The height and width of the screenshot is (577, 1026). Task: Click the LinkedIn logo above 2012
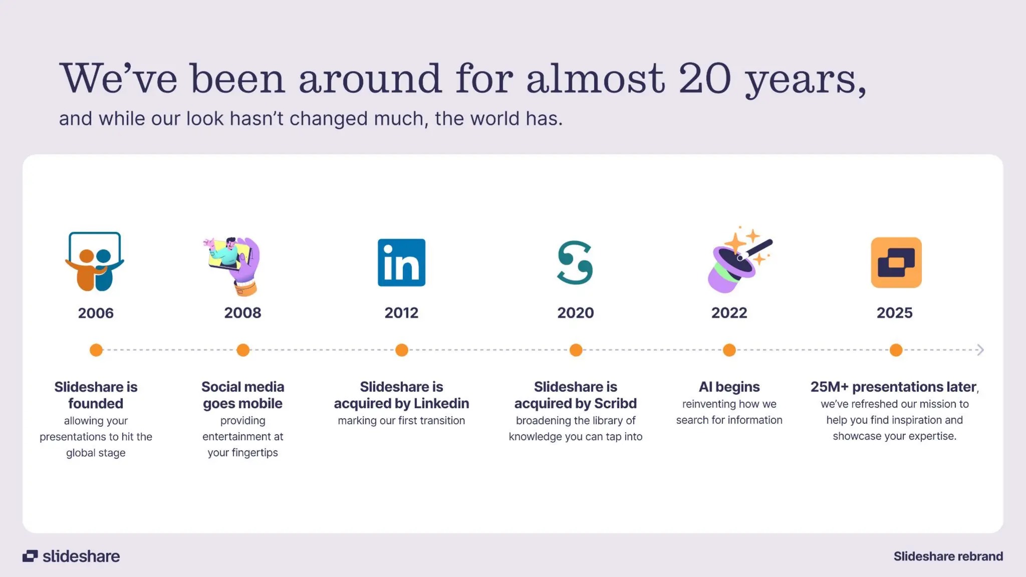401,262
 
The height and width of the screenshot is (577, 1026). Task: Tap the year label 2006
96,313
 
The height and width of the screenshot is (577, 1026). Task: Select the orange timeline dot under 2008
243,350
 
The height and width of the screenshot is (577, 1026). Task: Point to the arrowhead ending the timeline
980,350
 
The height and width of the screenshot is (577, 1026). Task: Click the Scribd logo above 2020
575,262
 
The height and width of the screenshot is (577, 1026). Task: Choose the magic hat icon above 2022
738,260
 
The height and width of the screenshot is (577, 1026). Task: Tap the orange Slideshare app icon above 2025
896,262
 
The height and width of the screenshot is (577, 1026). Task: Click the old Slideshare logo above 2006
95,261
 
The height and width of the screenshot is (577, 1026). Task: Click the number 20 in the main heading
705,79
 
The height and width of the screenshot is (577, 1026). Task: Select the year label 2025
894,313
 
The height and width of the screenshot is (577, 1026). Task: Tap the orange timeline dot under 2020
576,350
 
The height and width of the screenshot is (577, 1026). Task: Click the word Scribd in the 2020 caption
615,404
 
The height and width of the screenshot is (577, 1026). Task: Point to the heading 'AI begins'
729,387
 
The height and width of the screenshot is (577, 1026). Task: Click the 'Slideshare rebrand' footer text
948,556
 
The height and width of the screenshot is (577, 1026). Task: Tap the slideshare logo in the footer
71,556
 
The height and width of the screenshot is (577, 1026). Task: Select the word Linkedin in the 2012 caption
441,404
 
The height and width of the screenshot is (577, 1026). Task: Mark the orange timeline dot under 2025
896,350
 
